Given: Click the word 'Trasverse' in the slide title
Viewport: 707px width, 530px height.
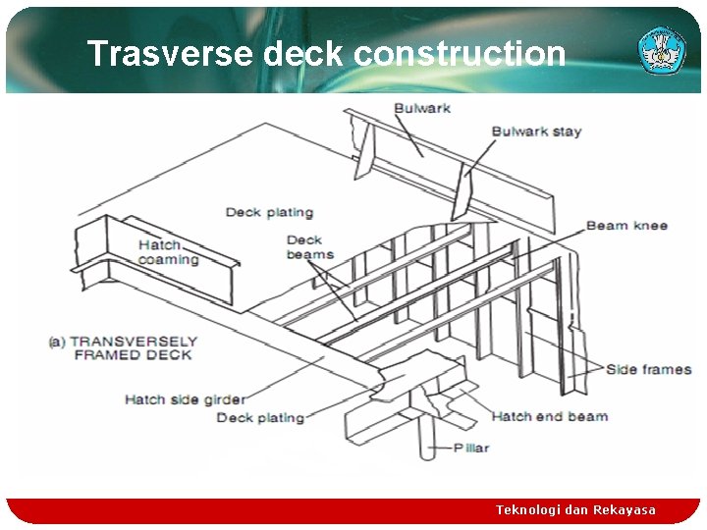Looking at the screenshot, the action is (170, 53).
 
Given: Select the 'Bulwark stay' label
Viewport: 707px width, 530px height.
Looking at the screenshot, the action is (536, 132).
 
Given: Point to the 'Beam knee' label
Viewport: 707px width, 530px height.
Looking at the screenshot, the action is (626, 226).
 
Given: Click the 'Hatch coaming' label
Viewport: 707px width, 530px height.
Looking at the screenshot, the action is (168, 252).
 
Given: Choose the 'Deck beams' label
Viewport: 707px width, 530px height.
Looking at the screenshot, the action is (309, 247).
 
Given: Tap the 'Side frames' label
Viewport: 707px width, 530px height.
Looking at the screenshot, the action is (648, 370).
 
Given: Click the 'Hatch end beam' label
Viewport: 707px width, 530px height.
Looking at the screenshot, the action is (549, 416).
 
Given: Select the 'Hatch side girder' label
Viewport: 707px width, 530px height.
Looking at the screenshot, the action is (185, 399).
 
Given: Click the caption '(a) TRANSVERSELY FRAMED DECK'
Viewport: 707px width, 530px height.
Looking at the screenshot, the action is (123, 347).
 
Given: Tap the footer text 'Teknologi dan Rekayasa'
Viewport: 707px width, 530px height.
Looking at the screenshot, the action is (575, 509).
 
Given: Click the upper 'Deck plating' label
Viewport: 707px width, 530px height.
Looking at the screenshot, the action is (269, 212).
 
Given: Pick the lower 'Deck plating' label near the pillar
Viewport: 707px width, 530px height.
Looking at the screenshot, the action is (260, 417).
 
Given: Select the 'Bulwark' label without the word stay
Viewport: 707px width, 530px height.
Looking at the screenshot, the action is (422, 107).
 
